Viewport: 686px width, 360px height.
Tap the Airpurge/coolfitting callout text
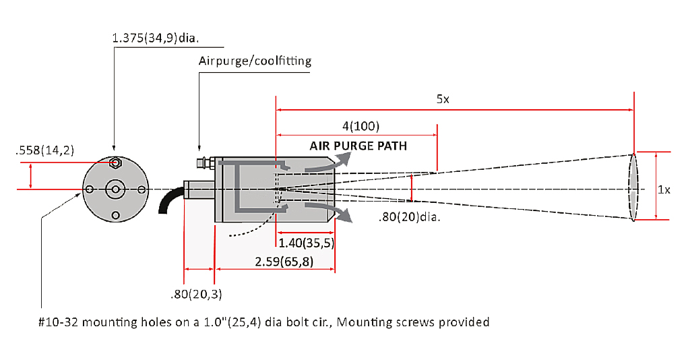click(x=255, y=61)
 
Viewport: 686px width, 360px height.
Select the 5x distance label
click(x=442, y=99)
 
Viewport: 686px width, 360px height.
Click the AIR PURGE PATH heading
click(x=358, y=146)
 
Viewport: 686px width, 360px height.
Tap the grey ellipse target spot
click(x=633, y=186)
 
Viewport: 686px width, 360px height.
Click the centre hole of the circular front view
click(x=115, y=189)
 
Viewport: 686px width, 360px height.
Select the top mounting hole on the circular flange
click(x=116, y=163)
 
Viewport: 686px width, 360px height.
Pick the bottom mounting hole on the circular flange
click(x=116, y=215)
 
